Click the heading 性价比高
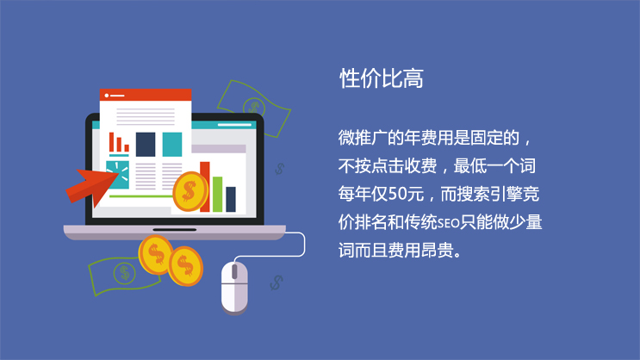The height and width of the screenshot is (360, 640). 382,78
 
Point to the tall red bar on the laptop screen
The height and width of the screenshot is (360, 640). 205,187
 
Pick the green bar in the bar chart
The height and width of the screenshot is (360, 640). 218,195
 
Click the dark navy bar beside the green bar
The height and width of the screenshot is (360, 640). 231,199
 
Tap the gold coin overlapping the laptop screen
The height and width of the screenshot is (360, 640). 190,191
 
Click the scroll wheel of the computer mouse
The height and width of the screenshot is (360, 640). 234,272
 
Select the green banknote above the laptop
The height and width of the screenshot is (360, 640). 254,108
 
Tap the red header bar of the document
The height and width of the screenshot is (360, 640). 146,95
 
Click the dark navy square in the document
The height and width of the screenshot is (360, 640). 146,145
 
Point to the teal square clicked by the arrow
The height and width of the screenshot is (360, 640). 117,175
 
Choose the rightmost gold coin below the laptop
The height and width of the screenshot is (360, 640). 186,266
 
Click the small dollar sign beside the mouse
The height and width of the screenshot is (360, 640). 277,282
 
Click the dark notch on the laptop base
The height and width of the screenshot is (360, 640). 175,230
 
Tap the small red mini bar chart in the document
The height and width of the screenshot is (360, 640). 119,143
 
